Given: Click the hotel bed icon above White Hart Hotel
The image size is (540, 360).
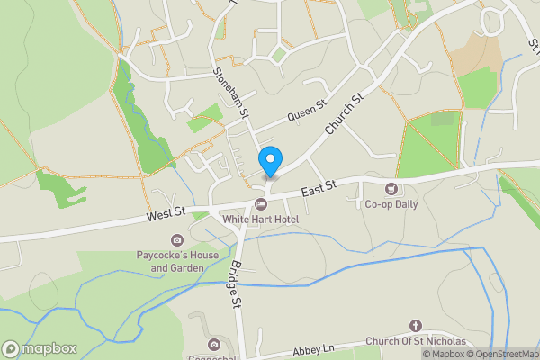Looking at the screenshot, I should pos(261,204).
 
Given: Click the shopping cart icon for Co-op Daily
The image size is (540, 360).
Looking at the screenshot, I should pos(391,189).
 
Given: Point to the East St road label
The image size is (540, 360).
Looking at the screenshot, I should pos(319,188).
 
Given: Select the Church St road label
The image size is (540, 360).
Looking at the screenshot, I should pos(343,114).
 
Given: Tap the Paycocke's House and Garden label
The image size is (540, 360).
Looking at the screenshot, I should pos(176,262).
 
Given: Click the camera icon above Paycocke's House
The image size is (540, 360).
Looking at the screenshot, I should pos(176,240).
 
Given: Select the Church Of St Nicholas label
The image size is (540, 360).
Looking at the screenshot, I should pos(416,342).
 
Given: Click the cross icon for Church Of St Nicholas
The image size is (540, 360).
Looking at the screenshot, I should pos(416,325).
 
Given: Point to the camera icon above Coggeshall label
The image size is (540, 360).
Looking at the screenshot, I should pos(214,345).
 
